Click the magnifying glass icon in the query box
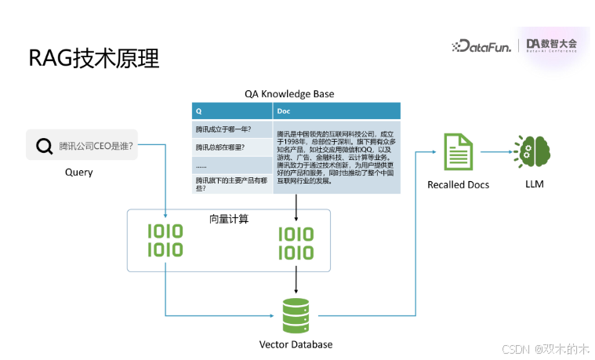point(42,145)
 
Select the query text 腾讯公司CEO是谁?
point(96,146)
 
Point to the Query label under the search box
point(78,172)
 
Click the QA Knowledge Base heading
point(289,94)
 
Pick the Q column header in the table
point(199,111)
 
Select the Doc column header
point(285,111)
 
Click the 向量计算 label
point(229,219)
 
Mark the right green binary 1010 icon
point(296,243)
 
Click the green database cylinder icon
point(296,315)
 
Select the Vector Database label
point(296,344)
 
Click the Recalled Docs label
point(458,185)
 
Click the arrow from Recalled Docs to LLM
point(496,152)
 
